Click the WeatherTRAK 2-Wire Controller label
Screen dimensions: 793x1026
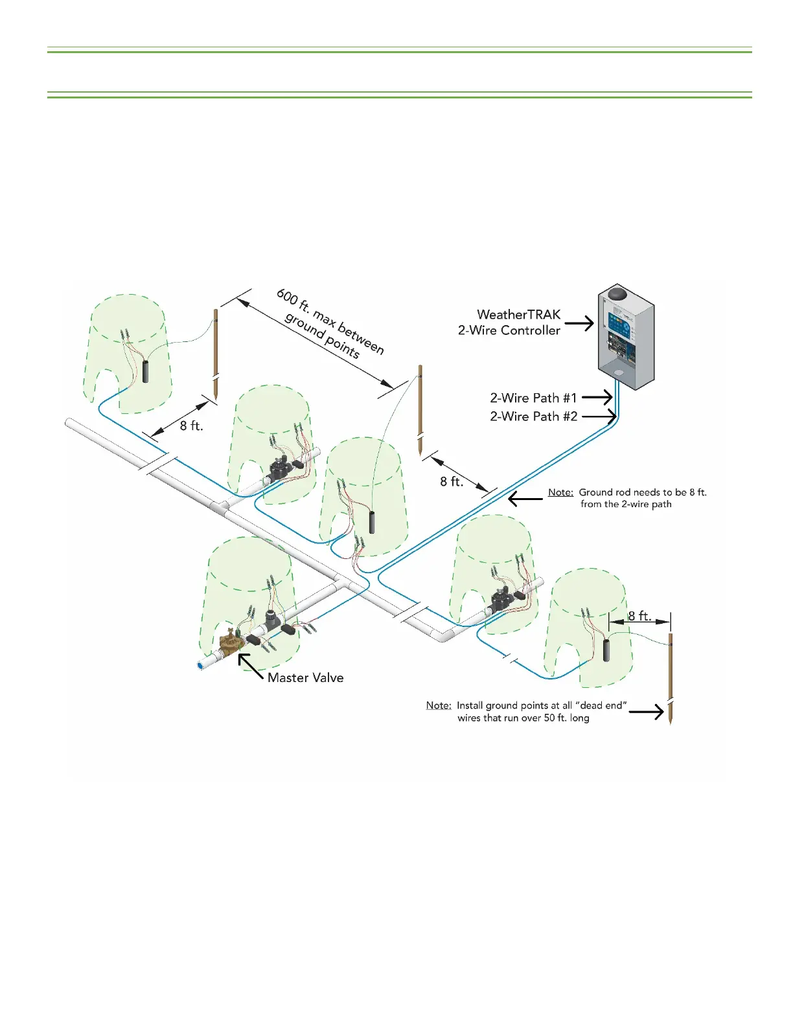tap(509, 323)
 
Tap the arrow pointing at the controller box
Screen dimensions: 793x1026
tap(579, 323)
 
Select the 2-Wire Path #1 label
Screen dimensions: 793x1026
tap(533, 398)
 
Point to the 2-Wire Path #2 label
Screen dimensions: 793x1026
tap(533, 416)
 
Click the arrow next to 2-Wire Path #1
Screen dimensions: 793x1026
tap(597, 397)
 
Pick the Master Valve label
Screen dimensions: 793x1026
tap(305, 678)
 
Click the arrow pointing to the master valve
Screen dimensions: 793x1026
tap(250, 666)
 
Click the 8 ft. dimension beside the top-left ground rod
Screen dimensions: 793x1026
tap(191, 426)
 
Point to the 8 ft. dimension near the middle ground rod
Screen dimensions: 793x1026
tap(452, 481)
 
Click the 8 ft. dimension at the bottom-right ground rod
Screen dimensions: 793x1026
tap(639, 616)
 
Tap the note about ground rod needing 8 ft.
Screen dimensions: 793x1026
tap(627, 498)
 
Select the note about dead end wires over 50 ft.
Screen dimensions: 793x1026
tap(526, 711)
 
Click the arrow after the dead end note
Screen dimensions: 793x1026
tap(647, 712)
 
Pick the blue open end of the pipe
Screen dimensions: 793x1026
tap(201, 665)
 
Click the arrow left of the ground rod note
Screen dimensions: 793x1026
tap(525, 498)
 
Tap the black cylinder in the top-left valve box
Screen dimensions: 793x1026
tap(145, 371)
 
